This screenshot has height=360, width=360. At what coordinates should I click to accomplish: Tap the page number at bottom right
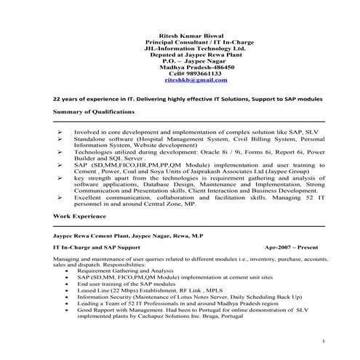coord(322,341)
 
